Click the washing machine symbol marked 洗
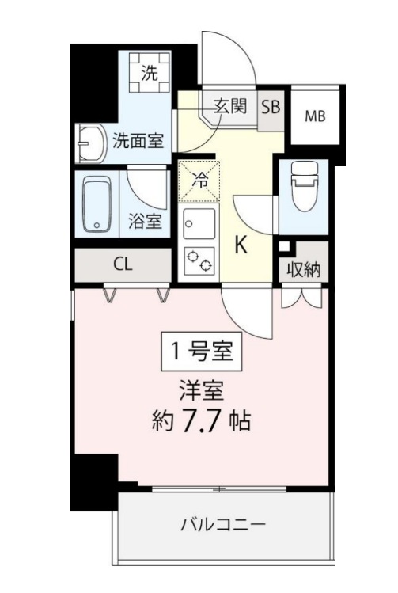coord(150,72)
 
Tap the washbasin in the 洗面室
coord(92,143)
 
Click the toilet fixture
coord(304,185)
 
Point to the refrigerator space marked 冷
coord(199,181)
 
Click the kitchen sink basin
coord(199,223)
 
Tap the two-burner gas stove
coord(199,261)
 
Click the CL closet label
coord(123,264)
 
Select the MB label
coord(315,116)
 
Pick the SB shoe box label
coord(271,107)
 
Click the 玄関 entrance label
coord(230,106)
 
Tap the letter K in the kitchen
coord(241,245)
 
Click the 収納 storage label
coord(304,270)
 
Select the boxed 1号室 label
coord(202,351)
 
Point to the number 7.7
coord(201,420)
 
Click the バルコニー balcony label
coord(223,525)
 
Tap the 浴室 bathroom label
coord(145,221)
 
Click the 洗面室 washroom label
coord(138,141)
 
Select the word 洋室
coord(202,391)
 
